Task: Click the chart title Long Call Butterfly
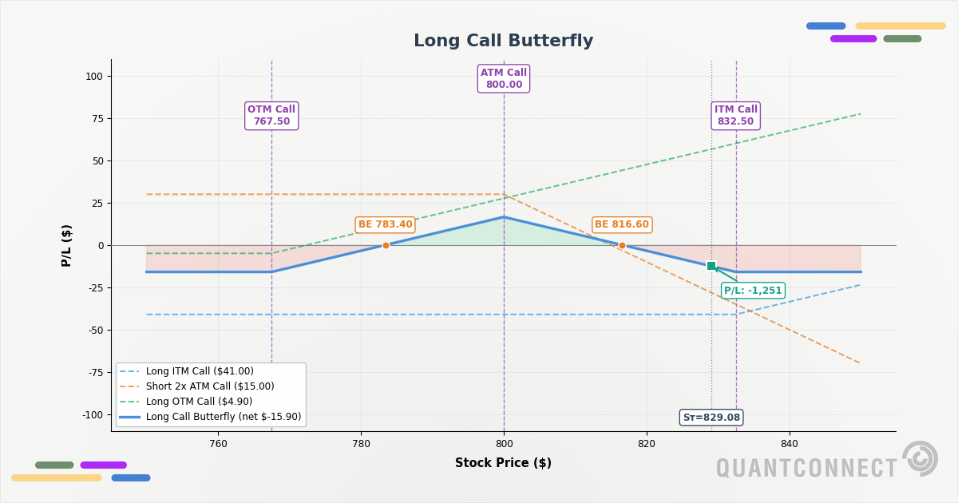point(503,42)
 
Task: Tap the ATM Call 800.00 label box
point(504,79)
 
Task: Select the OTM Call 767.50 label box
point(271,116)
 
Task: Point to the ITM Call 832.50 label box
point(735,116)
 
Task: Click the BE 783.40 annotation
point(385,225)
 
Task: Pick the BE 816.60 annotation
point(621,225)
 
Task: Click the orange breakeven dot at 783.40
point(386,245)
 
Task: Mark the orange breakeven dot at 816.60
point(622,245)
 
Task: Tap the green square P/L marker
point(711,266)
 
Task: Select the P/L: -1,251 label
point(753,291)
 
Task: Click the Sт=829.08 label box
point(711,418)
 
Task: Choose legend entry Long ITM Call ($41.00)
point(200,371)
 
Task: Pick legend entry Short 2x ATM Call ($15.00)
point(210,386)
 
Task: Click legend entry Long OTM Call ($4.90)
point(199,402)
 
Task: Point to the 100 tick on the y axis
point(94,77)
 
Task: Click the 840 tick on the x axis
point(789,444)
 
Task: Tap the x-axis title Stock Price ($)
point(503,463)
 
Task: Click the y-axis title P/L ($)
point(67,245)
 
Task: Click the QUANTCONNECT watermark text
point(806,469)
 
